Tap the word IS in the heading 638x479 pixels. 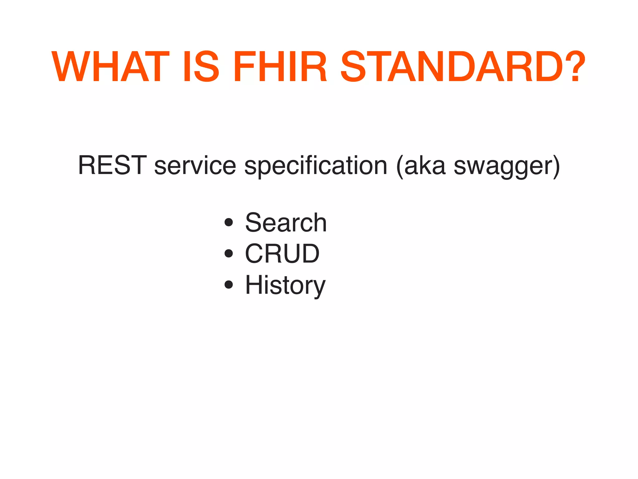tap(201, 67)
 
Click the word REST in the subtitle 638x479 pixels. tap(112, 165)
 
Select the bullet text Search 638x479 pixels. tap(286, 223)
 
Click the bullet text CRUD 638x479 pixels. tap(282, 254)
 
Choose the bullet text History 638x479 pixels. tap(285, 286)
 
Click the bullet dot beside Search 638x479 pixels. tap(229, 222)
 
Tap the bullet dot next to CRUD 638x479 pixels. tap(229, 254)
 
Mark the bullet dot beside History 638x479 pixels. tap(229, 284)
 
